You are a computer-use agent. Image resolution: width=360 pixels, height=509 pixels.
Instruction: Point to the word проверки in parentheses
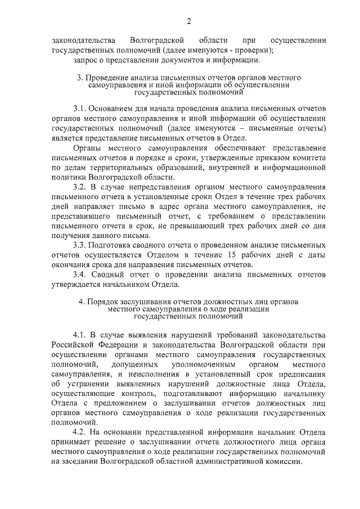254,49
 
